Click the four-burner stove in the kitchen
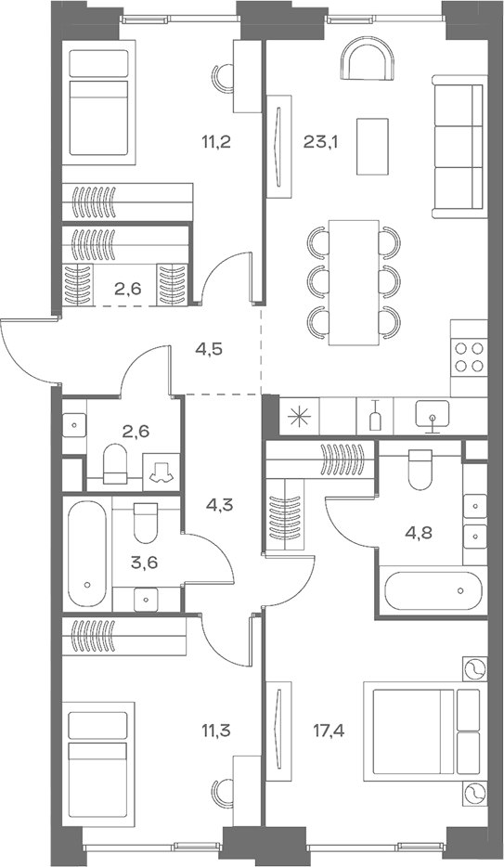[469, 357]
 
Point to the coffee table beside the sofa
[373, 145]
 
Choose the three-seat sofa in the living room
[459, 150]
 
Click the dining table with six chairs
[354, 281]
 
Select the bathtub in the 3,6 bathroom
[85, 555]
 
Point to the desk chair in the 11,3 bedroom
[223, 794]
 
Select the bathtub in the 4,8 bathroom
[432, 589]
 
